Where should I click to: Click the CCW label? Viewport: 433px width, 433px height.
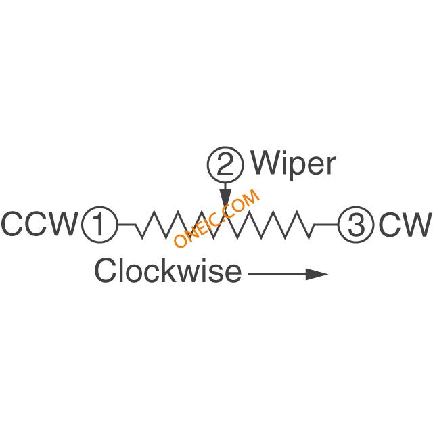[39, 224]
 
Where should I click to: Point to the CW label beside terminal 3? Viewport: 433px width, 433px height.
[405, 224]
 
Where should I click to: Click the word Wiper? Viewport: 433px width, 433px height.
[293, 165]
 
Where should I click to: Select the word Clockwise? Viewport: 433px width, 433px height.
[168, 271]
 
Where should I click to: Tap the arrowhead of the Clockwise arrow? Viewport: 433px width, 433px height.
[317, 274]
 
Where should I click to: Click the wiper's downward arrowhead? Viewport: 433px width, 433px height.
[225, 198]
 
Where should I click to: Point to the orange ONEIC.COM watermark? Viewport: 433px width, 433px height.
[216, 218]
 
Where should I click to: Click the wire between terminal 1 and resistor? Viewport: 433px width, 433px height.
[127, 225]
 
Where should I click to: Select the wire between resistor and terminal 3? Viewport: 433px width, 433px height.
[326, 225]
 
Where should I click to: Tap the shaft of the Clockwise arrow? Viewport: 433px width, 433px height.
[277, 274]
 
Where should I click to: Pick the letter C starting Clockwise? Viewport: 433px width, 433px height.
[106, 271]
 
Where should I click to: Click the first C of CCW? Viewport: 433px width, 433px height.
[12, 224]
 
